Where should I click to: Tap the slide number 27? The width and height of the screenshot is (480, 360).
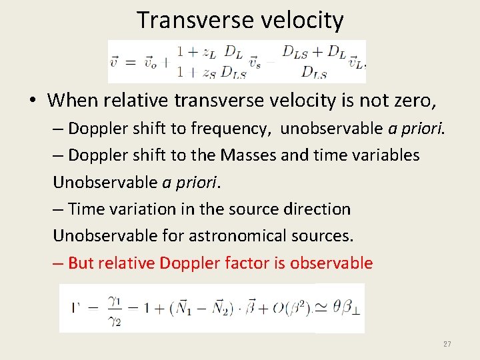pos(447,344)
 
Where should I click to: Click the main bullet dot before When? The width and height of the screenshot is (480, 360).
pos(32,101)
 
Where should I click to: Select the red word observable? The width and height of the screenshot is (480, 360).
pos(331,263)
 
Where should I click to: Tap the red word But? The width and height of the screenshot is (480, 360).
pos(81,263)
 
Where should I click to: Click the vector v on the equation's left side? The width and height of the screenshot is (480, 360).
pos(115,62)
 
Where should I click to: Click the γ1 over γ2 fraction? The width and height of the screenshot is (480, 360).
pos(111,309)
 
